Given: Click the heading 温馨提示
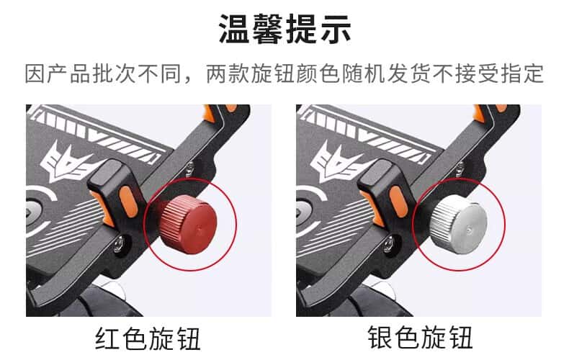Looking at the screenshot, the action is point(285,29).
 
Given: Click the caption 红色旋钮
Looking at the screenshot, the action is point(148,338).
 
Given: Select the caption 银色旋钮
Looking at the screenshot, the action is point(420,338).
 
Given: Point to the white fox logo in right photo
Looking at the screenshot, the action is point(339,161).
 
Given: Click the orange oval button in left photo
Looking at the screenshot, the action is point(127,202).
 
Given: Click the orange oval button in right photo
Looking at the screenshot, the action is point(398,202).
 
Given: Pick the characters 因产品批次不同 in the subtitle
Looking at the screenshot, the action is point(104,73).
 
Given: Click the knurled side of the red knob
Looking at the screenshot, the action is point(171,220).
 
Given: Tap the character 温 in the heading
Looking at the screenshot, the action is point(234,29).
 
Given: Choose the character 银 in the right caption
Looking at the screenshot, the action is point(380,338).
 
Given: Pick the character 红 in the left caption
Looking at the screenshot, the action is point(108,338).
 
